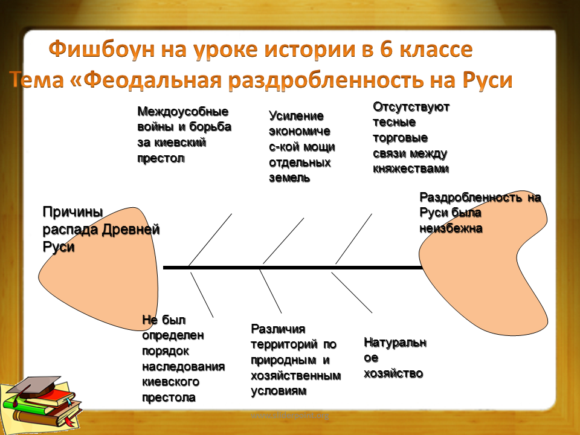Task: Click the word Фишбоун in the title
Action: click(101, 50)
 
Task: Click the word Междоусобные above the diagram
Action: click(182, 111)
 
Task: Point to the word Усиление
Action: click(296, 116)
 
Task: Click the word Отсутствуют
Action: click(411, 107)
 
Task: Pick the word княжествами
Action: click(411, 169)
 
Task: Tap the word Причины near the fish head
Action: click(73, 213)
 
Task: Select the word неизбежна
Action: click(451, 228)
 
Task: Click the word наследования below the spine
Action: click(184, 367)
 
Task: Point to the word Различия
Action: click(278, 329)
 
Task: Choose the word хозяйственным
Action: click(296, 375)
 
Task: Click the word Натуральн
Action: click(395, 343)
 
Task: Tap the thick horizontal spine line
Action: click(293, 268)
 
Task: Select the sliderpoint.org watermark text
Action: click(290, 416)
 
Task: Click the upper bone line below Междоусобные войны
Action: click(210, 240)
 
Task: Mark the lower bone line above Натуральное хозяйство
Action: click(352, 292)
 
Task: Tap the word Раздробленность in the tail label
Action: click(471, 198)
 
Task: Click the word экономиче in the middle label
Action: click(300, 131)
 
